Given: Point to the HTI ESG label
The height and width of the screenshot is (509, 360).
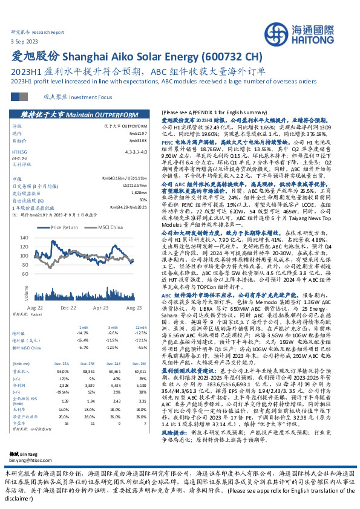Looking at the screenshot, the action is tap(20, 152).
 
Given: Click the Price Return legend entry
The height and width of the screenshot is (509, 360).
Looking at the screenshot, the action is tap(65, 227).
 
